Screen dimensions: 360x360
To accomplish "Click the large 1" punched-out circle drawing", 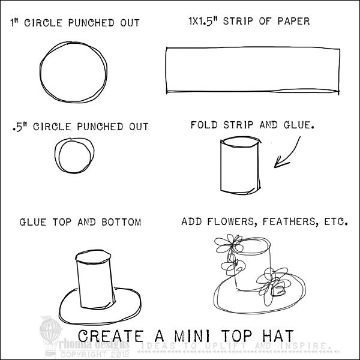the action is [40, 73].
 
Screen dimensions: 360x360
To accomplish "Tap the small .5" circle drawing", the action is [55, 156].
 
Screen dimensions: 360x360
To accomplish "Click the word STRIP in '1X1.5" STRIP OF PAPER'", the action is [238, 21].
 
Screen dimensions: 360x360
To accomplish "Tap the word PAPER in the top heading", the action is [293, 21].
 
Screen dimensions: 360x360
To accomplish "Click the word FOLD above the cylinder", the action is [204, 125].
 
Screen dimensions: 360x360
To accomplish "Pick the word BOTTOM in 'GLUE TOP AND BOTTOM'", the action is [121, 222].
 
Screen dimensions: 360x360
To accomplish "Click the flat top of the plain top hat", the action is [93, 257].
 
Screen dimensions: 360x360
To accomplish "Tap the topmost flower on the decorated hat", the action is [229, 244].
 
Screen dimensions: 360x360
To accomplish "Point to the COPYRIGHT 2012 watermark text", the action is [95, 354].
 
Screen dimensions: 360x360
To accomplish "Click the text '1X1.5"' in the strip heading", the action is [203, 21].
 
